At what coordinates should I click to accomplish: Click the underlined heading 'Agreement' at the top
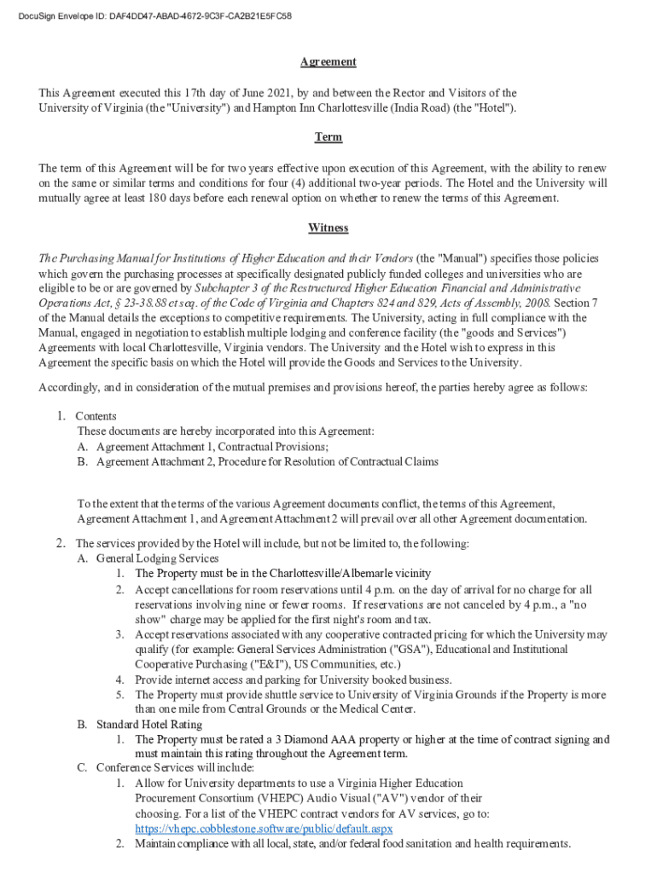[x=328, y=62]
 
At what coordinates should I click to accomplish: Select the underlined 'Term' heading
[x=328, y=137]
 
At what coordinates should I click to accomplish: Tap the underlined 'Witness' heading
[x=328, y=228]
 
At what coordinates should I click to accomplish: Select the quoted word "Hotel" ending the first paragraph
[x=494, y=108]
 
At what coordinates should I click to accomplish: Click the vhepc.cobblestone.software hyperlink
[x=264, y=829]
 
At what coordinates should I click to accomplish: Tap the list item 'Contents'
[x=96, y=416]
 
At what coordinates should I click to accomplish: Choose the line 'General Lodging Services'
[x=157, y=558]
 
